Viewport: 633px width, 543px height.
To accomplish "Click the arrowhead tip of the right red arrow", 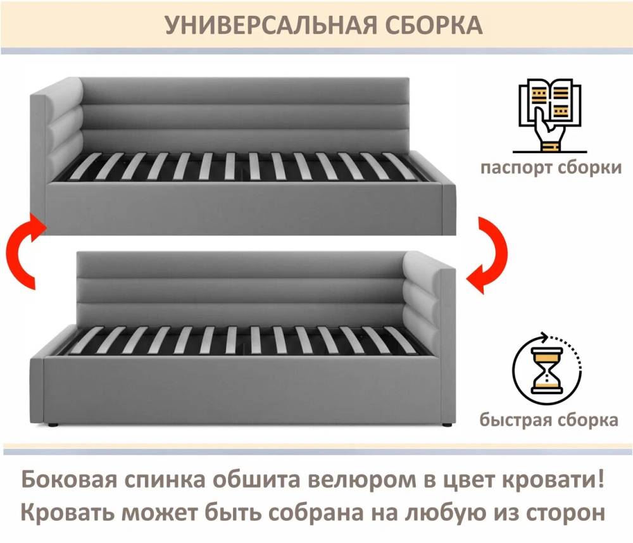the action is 466,280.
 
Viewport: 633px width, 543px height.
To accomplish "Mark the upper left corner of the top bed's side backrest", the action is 30,94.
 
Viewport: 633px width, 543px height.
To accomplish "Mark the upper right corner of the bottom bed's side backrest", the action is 455,269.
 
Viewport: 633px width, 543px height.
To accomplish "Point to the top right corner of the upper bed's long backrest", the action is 409,77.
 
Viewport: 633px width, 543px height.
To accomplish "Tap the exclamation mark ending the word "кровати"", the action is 600,480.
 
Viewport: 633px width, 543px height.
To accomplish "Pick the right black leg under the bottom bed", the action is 446,425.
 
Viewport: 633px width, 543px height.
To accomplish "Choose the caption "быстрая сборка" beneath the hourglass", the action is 549,420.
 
